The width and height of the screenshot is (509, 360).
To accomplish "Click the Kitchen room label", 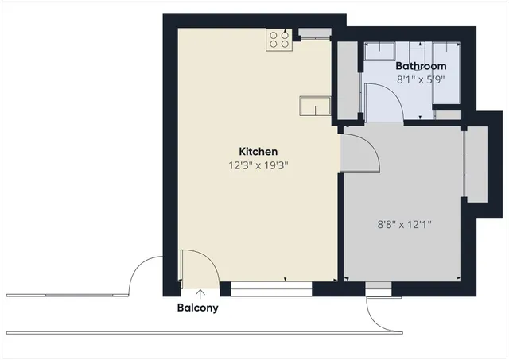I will tap(258, 151).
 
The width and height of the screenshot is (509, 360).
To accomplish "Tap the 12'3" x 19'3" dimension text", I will tap(258, 166).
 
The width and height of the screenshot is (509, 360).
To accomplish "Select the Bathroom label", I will tap(421, 66).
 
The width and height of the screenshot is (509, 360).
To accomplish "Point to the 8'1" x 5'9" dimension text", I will tap(420, 79).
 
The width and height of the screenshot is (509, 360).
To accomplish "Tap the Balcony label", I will tap(197, 308).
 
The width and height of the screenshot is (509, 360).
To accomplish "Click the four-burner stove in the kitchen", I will tap(279, 40).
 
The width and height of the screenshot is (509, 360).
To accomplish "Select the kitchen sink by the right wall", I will tap(315, 106).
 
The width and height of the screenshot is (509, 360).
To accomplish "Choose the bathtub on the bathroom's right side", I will tap(446, 72).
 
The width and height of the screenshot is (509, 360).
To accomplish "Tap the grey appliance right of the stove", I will tap(313, 33).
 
